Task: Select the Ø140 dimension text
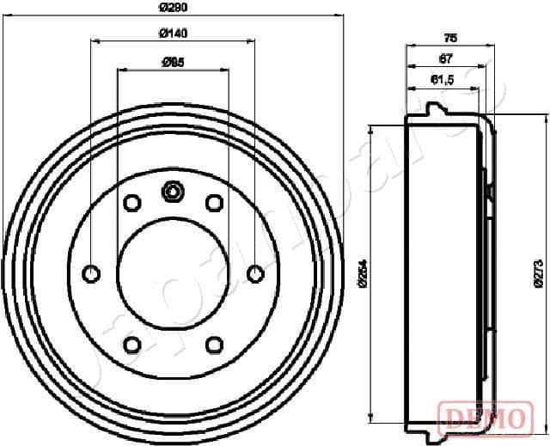coord(174,34)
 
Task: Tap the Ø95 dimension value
coord(174,62)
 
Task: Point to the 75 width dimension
coord(449,37)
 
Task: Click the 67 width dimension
coord(445,58)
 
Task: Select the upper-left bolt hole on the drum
coord(132,203)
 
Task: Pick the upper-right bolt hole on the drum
coord(214,203)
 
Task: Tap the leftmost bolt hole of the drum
coord(91,273)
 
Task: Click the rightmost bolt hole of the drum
coord(254,273)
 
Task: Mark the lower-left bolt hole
coord(132,345)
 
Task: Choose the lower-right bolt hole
coord(214,345)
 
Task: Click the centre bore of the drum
coord(173,273)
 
